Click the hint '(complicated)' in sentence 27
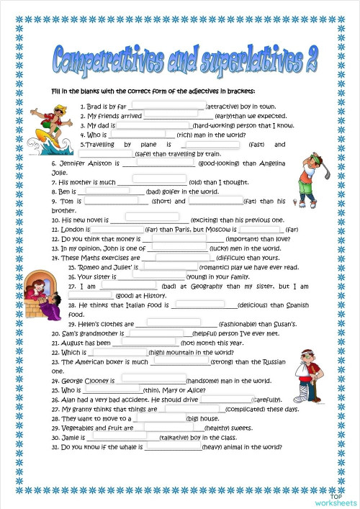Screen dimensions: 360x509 [251, 408]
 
